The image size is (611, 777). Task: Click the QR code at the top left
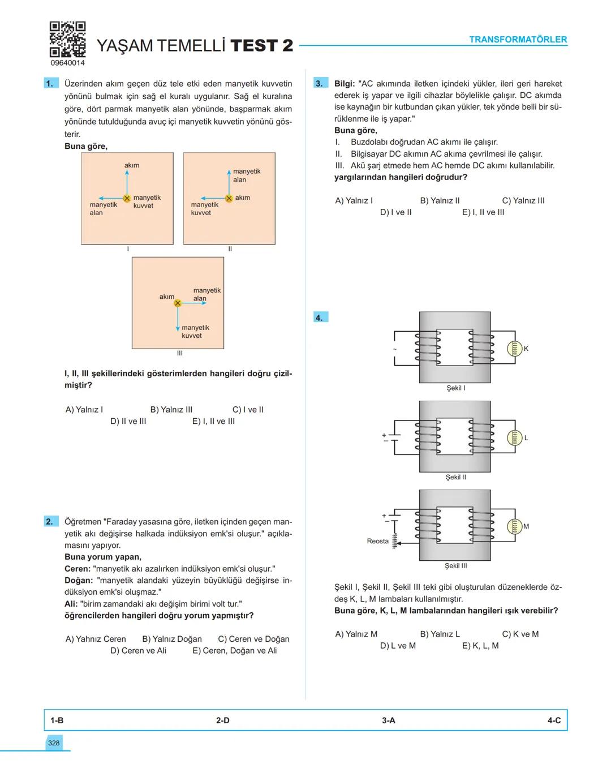pos(67,39)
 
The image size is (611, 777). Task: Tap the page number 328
pos(54,743)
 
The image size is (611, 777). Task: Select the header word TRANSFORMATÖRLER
pos(518,40)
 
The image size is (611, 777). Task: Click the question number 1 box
pos(50,84)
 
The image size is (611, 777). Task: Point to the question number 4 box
pos(320,317)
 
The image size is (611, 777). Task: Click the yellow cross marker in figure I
pos(127,198)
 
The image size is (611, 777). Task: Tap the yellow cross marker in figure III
pos(178,303)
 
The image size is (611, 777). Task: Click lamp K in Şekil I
pos(514,349)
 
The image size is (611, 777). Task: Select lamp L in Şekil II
pos(514,438)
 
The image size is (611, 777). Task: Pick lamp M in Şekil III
pos(514,527)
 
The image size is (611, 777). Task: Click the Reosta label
pos(377,541)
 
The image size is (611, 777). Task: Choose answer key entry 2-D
pos(222,720)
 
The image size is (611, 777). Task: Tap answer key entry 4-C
pos(554,720)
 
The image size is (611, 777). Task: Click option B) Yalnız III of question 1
pos(171,410)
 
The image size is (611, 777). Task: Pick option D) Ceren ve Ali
pos(138,651)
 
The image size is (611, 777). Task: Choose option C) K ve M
pos(520,634)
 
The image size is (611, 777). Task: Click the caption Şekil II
pos(455,477)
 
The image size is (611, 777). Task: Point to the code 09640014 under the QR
pos(67,63)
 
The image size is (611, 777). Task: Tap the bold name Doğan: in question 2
pos(79,581)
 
